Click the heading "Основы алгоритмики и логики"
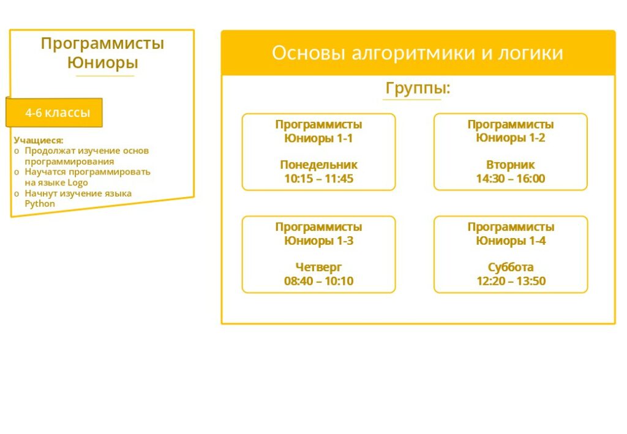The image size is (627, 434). click(418, 53)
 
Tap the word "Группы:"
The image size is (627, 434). click(418, 88)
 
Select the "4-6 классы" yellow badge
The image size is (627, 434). click(54, 113)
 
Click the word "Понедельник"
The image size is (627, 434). click(318, 165)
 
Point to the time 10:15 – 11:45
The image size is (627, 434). click(318, 179)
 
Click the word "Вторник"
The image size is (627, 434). click(510, 165)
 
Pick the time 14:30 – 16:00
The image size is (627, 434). click(510, 179)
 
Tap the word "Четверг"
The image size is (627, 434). click(318, 267)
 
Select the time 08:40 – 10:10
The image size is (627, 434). click(318, 281)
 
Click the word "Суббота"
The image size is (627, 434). click(511, 267)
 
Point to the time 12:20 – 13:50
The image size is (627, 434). click(511, 281)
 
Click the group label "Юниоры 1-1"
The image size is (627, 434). click(318, 138)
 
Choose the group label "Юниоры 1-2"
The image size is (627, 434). click(510, 138)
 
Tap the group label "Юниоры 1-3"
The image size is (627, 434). click(318, 241)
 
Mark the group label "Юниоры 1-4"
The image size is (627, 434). click(511, 241)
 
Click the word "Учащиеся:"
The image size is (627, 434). click(39, 140)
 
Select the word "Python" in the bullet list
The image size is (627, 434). click(40, 204)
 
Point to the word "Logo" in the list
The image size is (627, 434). click(78, 182)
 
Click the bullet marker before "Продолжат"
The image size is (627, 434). click(17, 151)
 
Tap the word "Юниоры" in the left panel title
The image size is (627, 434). click(103, 62)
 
